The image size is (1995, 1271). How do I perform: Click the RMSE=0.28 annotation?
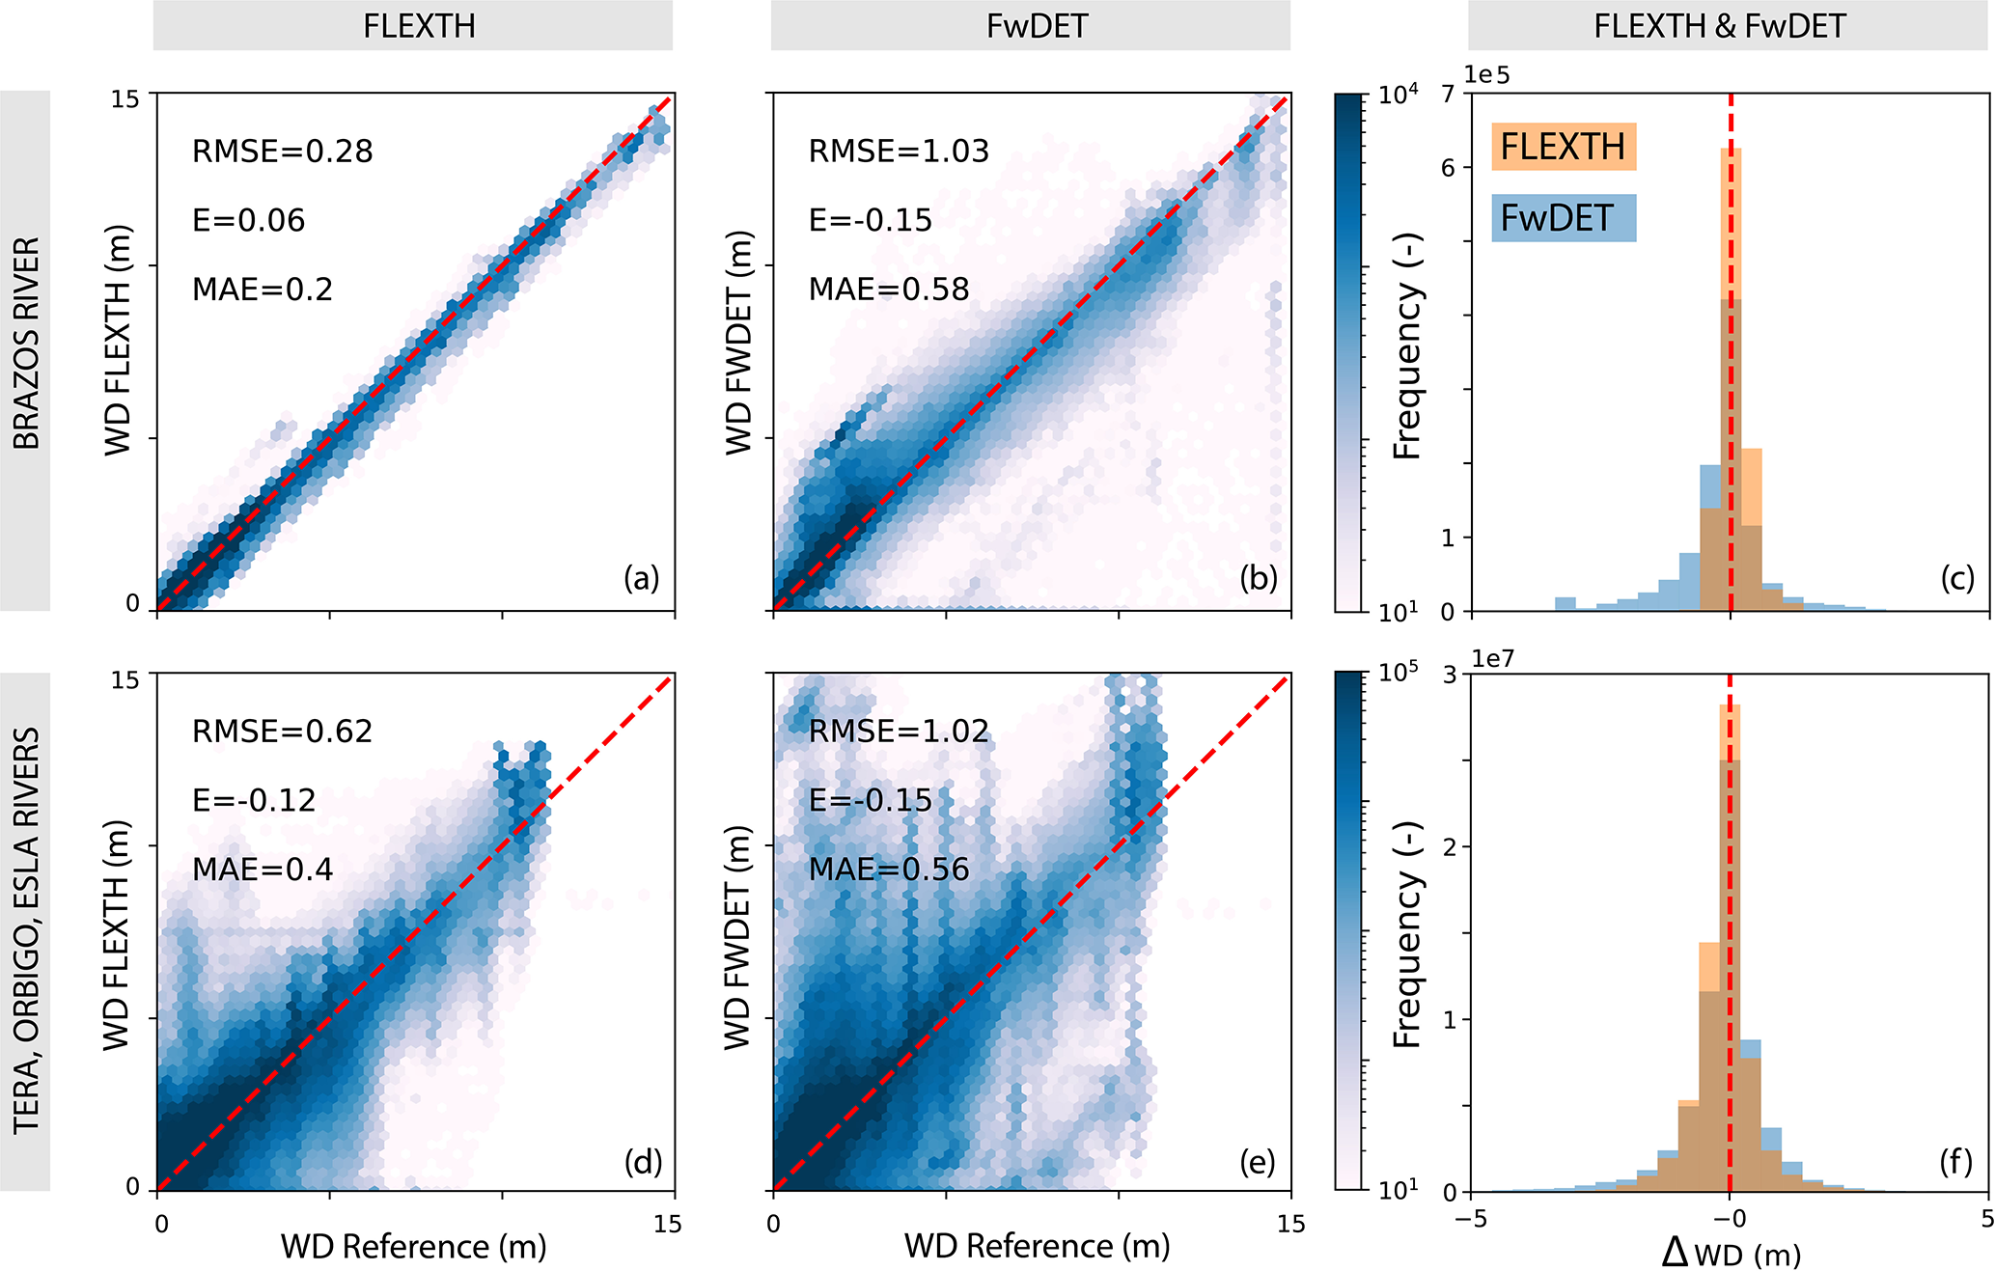(282, 152)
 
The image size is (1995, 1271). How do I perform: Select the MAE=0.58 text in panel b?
(888, 290)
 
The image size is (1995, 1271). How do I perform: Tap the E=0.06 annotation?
(248, 221)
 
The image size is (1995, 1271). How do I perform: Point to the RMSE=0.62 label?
(282, 732)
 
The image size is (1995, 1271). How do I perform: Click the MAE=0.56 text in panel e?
(888, 870)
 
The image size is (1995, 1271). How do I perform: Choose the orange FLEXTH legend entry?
(1563, 147)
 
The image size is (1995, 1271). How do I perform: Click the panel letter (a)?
(641, 578)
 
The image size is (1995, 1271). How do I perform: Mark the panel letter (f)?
(1956, 1162)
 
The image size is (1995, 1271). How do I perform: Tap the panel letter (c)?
(1957, 578)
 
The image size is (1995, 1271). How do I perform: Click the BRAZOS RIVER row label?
(26, 344)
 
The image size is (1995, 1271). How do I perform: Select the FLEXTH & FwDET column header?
(1720, 26)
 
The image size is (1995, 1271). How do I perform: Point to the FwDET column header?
(1037, 26)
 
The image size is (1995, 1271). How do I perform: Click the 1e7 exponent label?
(1493, 658)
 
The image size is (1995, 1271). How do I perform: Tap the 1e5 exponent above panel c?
(1487, 75)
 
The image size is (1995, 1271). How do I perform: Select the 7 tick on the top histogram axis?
(1448, 95)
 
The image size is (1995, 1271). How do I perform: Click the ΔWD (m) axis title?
(1731, 1253)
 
